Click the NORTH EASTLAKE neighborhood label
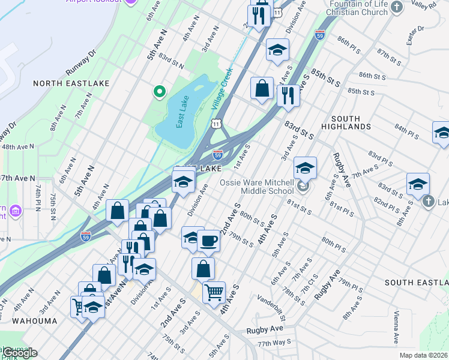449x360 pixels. coord(62,83)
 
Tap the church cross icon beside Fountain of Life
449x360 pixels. coord(396,7)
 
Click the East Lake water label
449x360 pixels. coord(184,112)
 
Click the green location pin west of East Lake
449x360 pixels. coord(159,92)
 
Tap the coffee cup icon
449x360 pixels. coord(208,241)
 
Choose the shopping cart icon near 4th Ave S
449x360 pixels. coord(214,293)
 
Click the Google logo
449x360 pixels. coord(20,353)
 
